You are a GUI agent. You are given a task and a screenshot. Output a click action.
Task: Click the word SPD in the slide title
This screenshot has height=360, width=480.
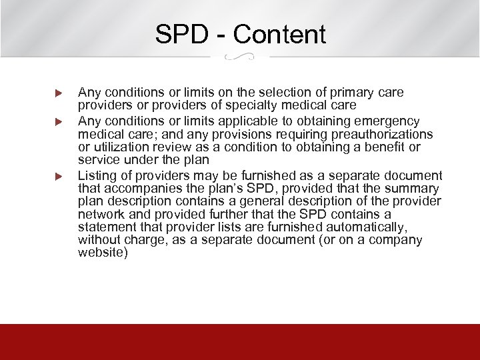[x=182, y=34]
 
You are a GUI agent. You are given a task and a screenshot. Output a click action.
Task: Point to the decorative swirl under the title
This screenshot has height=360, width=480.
[x=240, y=57]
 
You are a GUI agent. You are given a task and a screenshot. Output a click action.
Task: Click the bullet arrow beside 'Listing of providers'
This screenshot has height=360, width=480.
[x=58, y=177]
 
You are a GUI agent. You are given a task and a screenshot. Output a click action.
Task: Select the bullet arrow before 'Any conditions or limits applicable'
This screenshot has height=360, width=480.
[x=58, y=122]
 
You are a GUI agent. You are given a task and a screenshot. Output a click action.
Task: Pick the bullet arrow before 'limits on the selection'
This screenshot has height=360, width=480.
[x=58, y=93]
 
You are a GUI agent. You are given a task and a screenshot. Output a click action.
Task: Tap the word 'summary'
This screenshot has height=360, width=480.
[x=416, y=189]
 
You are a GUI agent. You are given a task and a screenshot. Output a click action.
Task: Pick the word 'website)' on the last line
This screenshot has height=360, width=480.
[x=102, y=253]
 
